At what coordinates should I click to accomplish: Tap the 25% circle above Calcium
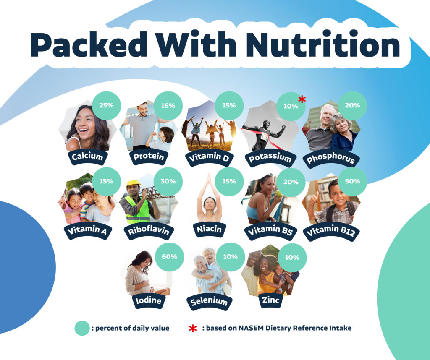[x=106, y=105]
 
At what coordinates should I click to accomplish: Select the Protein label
[x=149, y=157]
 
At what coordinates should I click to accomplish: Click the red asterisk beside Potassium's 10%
[x=302, y=99]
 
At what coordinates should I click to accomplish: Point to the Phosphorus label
[x=331, y=159]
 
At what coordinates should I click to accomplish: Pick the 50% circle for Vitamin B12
[x=352, y=181]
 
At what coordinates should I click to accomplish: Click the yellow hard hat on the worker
[x=134, y=183]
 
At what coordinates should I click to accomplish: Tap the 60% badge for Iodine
[x=170, y=257]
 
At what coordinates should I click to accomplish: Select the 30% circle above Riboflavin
[x=168, y=181]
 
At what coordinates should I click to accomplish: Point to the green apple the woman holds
[x=278, y=194]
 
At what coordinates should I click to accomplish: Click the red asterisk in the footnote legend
[x=193, y=328]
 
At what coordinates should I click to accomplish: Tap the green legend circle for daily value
[x=82, y=328]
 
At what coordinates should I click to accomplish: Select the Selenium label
[x=210, y=302]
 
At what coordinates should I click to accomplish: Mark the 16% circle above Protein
[x=168, y=105]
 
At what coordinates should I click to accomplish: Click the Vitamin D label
[x=210, y=158]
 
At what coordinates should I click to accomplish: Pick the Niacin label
[x=209, y=229]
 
